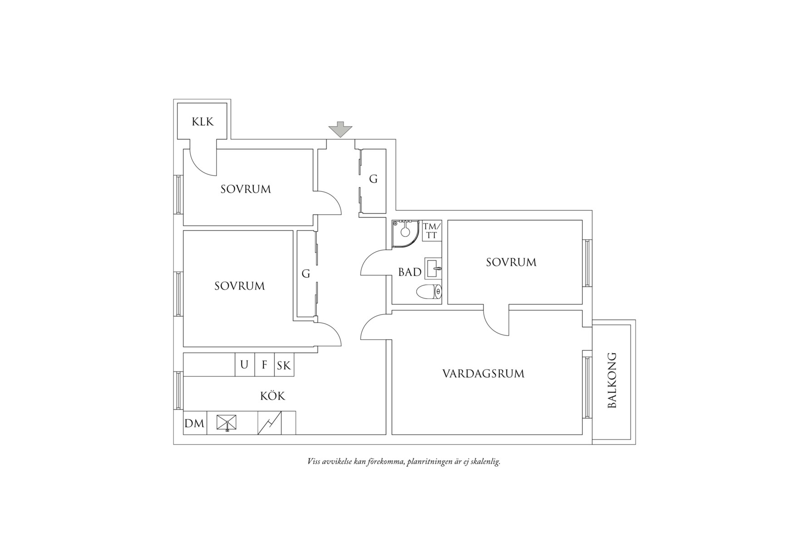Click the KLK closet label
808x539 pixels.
[x=202, y=122]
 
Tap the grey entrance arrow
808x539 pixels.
[x=340, y=129]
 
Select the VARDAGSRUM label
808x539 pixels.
[x=483, y=374]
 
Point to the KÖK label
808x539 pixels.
[x=273, y=396]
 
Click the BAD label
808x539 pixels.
[x=410, y=272]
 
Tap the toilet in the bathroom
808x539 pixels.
[x=429, y=291]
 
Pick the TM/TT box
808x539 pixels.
[x=432, y=231]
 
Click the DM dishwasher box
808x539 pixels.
[x=195, y=423]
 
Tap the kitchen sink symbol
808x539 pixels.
[x=227, y=423]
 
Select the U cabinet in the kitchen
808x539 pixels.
[x=245, y=365]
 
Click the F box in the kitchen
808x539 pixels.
[x=265, y=365]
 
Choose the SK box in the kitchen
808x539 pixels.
[x=284, y=365]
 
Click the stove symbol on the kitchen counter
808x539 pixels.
[x=270, y=423]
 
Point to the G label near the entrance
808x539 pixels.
[x=373, y=179]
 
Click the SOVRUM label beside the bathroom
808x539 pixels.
[x=511, y=262]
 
